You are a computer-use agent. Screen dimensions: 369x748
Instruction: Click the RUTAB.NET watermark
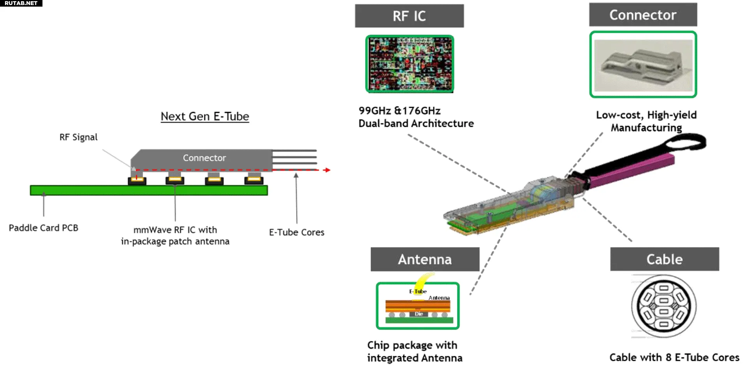(21, 3)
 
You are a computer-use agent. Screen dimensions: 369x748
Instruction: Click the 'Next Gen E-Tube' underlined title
(205, 116)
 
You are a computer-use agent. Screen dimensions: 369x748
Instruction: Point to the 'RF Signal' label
(78, 137)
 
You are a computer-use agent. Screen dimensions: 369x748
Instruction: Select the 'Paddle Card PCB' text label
(44, 228)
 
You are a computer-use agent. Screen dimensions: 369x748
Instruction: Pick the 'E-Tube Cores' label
(296, 232)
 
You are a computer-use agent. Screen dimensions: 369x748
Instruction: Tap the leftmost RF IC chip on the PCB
(137, 180)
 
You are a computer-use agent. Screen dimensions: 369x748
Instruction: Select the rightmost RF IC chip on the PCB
(254, 180)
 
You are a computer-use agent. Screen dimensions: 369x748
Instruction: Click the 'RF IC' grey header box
(409, 16)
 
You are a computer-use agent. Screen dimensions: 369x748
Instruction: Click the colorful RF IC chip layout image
(410, 64)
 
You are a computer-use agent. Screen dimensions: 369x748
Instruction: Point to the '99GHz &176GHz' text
(400, 111)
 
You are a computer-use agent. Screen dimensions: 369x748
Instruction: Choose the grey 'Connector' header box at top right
(643, 15)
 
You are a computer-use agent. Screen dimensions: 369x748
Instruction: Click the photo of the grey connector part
(643, 65)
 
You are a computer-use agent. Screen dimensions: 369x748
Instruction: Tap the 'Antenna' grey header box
(425, 259)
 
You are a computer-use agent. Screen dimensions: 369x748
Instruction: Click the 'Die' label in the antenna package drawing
(419, 314)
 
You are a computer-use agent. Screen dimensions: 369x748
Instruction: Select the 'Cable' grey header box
(665, 259)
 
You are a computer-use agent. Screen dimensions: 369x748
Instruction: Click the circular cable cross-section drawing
(664, 306)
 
